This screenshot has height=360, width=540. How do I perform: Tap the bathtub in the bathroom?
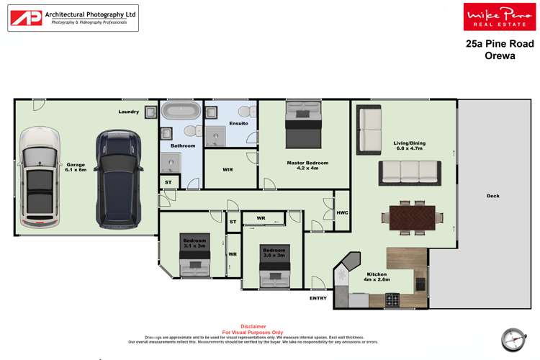[x=181, y=112]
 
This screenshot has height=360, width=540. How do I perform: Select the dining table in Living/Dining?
[x=413, y=217]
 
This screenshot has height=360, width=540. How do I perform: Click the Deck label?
[x=492, y=196]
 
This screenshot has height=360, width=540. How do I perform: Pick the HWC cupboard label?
[x=342, y=213]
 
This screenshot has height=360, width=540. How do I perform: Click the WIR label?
[x=228, y=170]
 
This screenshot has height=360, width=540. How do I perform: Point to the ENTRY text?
[x=318, y=298]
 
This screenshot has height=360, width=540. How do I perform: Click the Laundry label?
[x=129, y=112]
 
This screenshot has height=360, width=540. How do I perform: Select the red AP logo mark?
[x=26, y=19]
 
